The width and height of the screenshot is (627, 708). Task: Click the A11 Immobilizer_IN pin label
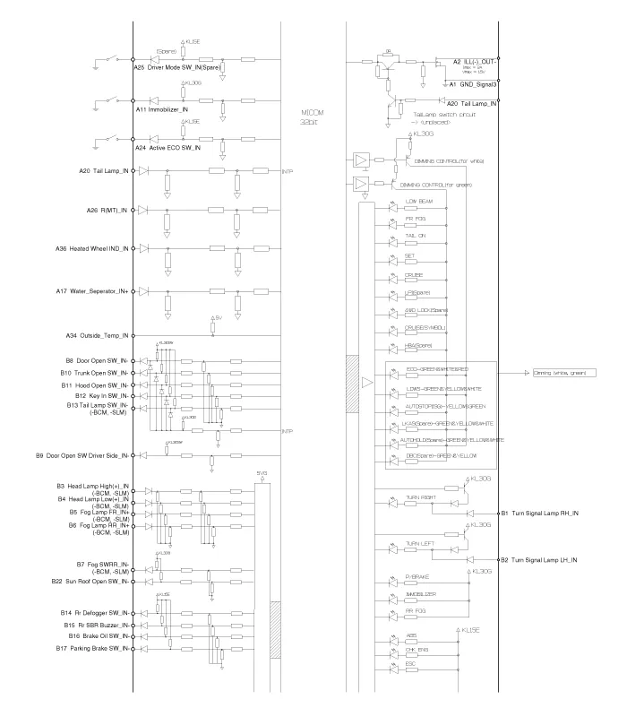[161, 109]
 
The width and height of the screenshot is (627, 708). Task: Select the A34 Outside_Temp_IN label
[98, 335]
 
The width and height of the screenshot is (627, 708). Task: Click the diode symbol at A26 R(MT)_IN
[143, 210]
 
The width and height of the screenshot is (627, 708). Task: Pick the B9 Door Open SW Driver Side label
[83, 455]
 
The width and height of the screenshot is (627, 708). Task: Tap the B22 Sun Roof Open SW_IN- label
[90, 582]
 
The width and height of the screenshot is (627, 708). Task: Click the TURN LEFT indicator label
[420, 543]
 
